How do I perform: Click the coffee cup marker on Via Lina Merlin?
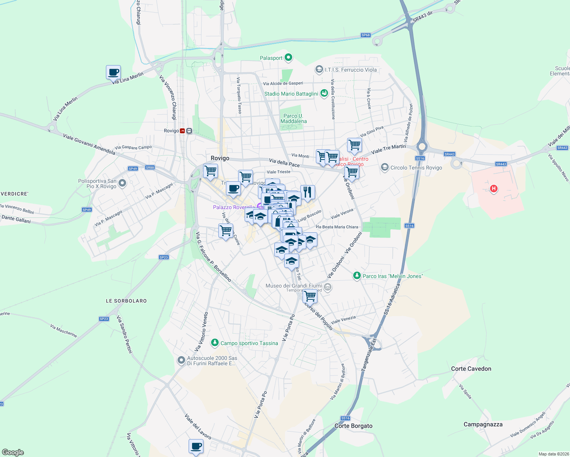[x=113, y=72]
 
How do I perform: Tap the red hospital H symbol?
[x=494, y=189]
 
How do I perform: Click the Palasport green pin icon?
[x=288, y=58]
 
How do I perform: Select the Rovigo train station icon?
[x=183, y=131]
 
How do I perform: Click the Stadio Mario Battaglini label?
[x=291, y=94]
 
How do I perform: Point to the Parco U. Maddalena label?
[x=293, y=118]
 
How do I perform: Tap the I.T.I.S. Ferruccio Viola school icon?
[x=319, y=69]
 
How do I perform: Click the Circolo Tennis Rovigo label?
[x=416, y=168]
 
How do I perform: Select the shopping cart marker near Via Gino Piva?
[x=354, y=145]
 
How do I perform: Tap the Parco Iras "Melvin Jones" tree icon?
[x=357, y=276]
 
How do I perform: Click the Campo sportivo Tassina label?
[x=249, y=343]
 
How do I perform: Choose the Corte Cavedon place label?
[x=471, y=369]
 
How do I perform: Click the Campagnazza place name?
[x=483, y=424]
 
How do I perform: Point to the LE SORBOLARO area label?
[x=126, y=301]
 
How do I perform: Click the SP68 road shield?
[x=365, y=35]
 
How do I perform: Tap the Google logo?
[x=13, y=452]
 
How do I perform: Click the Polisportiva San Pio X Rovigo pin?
[x=122, y=184]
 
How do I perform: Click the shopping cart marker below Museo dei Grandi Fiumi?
[x=310, y=296]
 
